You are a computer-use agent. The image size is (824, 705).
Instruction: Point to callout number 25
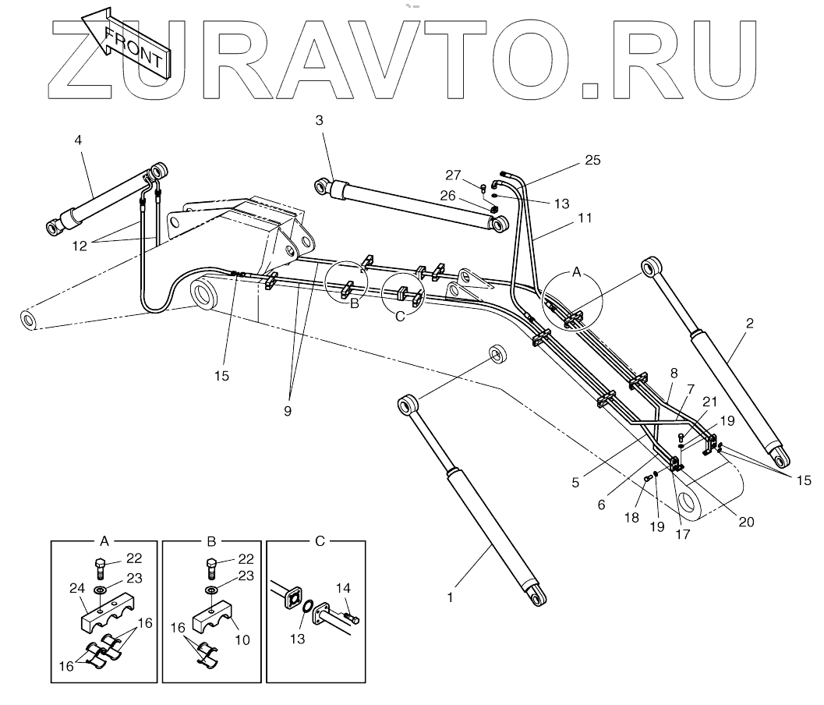point(593,161)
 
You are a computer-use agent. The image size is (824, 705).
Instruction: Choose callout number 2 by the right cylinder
point(749,323)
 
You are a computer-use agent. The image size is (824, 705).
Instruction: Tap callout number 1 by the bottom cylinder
point(450,597)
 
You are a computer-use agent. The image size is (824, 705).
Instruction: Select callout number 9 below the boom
point(288,411)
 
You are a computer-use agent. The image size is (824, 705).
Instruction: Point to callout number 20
point(746,523)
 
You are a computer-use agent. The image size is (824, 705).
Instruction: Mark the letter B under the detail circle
point(354,304)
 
